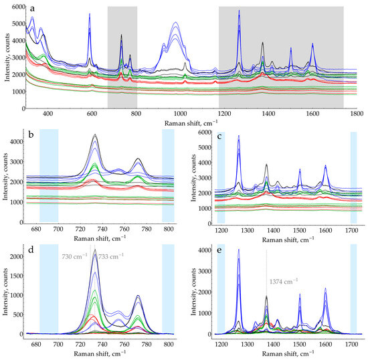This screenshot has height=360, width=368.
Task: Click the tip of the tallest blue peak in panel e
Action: coord(239,250)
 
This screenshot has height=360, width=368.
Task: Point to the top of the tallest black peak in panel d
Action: coord(95,250)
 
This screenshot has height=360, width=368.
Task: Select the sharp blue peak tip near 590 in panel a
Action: coord(90,13)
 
